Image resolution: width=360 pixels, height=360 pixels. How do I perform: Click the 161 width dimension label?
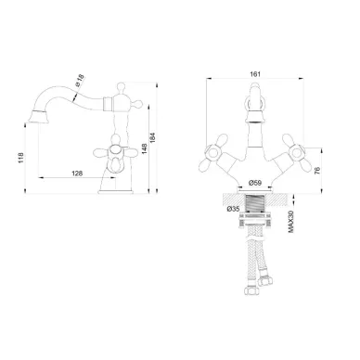pyautogui.click(x=255, y=74)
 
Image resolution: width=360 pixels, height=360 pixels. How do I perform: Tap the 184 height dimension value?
pyautogui.click(x=153, y=138)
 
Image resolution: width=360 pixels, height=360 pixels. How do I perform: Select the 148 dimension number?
pyautogui.click(x=145, y=148)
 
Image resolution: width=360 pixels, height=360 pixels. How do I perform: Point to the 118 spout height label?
pyautogui.click(x=20, y=158)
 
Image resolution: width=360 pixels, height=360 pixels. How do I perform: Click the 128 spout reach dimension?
pyautogui.click(x=77, y=174)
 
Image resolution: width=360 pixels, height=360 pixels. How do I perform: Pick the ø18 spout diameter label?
pyautogui.click(x=80, y=80)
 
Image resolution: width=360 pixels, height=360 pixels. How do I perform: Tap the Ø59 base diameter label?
pyautogui.click(x=255, y=183)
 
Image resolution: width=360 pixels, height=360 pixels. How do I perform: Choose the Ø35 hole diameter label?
pyautogui.click(x=233, y=209)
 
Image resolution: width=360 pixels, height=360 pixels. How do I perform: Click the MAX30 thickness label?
pyautogui.click(x=290, y=222)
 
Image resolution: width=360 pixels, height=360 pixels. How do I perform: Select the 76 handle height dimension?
pyautogui.click(x=317, y=171)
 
